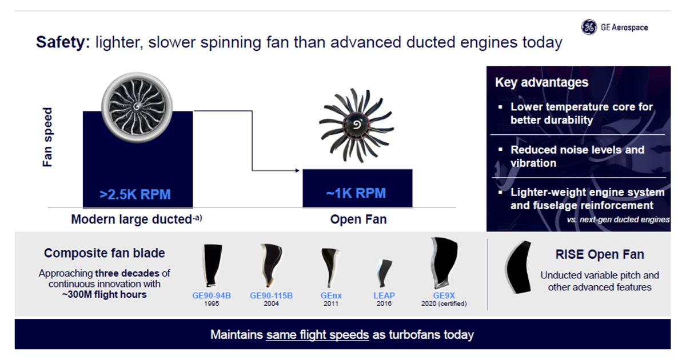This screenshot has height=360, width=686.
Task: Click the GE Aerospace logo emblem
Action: [589, 27]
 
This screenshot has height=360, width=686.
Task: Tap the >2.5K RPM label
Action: [135, 194]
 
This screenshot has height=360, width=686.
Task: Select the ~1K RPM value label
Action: [356, 193]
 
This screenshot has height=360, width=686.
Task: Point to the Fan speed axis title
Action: [47, 137]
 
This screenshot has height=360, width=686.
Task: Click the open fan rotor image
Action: [356, 125]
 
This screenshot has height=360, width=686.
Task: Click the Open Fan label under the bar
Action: [358, 219]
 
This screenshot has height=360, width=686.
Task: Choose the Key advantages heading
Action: [541, 82]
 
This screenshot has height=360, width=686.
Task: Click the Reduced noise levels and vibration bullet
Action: [577, 156]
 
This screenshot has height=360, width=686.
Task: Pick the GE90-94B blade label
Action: [211, 295]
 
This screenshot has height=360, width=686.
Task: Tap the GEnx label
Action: [331, 295]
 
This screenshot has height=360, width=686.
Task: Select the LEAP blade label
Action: [384, 295]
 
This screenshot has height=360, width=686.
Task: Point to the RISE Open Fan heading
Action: [599, 255]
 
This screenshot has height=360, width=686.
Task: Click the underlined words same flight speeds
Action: [317, 334]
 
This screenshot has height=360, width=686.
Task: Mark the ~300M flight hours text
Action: [104, 294]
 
